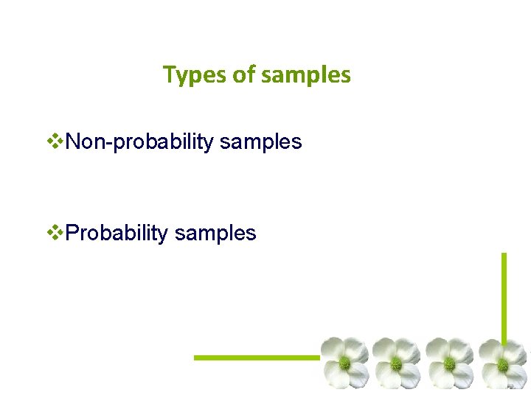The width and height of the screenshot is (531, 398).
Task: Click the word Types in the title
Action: coord(192,75)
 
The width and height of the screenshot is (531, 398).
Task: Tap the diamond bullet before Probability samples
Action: coord(55,233)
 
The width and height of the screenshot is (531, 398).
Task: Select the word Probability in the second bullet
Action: coord(117,233)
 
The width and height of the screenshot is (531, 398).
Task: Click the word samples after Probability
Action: coord(215,233)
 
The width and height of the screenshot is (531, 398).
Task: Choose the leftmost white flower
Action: coord(344,363)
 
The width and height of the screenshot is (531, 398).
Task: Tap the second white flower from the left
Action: coord(396,363)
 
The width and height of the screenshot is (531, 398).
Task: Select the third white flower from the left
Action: coord(449,363)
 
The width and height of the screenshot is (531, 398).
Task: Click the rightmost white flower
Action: coord(502,363)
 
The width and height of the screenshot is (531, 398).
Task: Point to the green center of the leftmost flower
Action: coord(344,363)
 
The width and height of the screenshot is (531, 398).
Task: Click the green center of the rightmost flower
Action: coord(502,364)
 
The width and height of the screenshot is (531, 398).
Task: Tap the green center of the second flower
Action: coord(396,363)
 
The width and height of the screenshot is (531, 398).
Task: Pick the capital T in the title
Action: coord(169,74)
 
